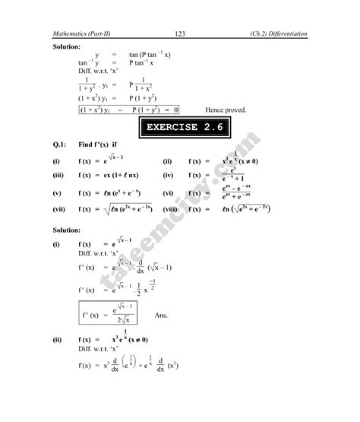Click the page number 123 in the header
pos(180,34)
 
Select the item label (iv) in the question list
pos(169,175)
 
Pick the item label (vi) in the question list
pos(169,193)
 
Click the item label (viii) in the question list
pos(170,208)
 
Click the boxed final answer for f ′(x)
pos(111,313)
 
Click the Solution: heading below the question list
pos(66,230)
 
